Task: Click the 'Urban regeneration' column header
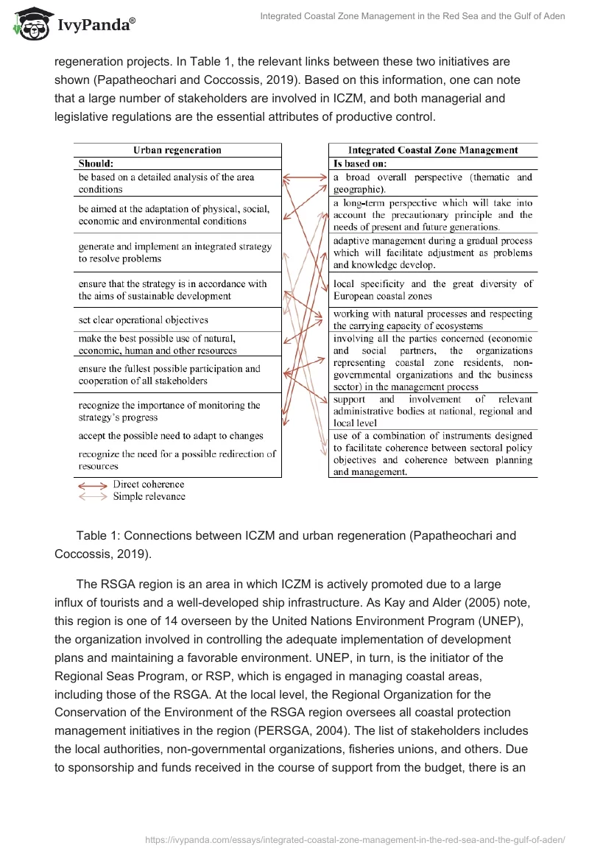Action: (x=177, y=150)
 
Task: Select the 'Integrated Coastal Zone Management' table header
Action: (x=432, y=150)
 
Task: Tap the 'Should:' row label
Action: (x=96, y=163)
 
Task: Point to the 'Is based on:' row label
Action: (x=360, y=163)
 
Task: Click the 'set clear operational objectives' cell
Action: (x=144, y=320)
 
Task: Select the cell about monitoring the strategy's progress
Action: (x=169, y=412)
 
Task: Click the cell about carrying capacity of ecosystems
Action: (x=432, y=320)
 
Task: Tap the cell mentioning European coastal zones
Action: (x=432, y=289)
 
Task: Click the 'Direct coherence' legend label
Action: (x=148, y=485)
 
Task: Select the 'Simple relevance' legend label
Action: (x=149, y=497)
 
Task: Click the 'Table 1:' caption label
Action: (x=99, y=535)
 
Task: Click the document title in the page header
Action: (x=412, y=16)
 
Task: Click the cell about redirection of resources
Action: (x=177, y=460)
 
